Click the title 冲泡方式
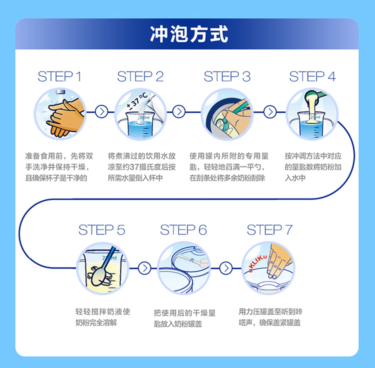coord(189,34)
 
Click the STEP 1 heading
coord(59,76)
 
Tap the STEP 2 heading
coord(140,76)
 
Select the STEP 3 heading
coord(226,76)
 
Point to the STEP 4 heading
coord(312,76)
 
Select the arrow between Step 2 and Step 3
coord(178,112)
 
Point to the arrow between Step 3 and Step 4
coord(269,112)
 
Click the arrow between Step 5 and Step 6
coord(144,268)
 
